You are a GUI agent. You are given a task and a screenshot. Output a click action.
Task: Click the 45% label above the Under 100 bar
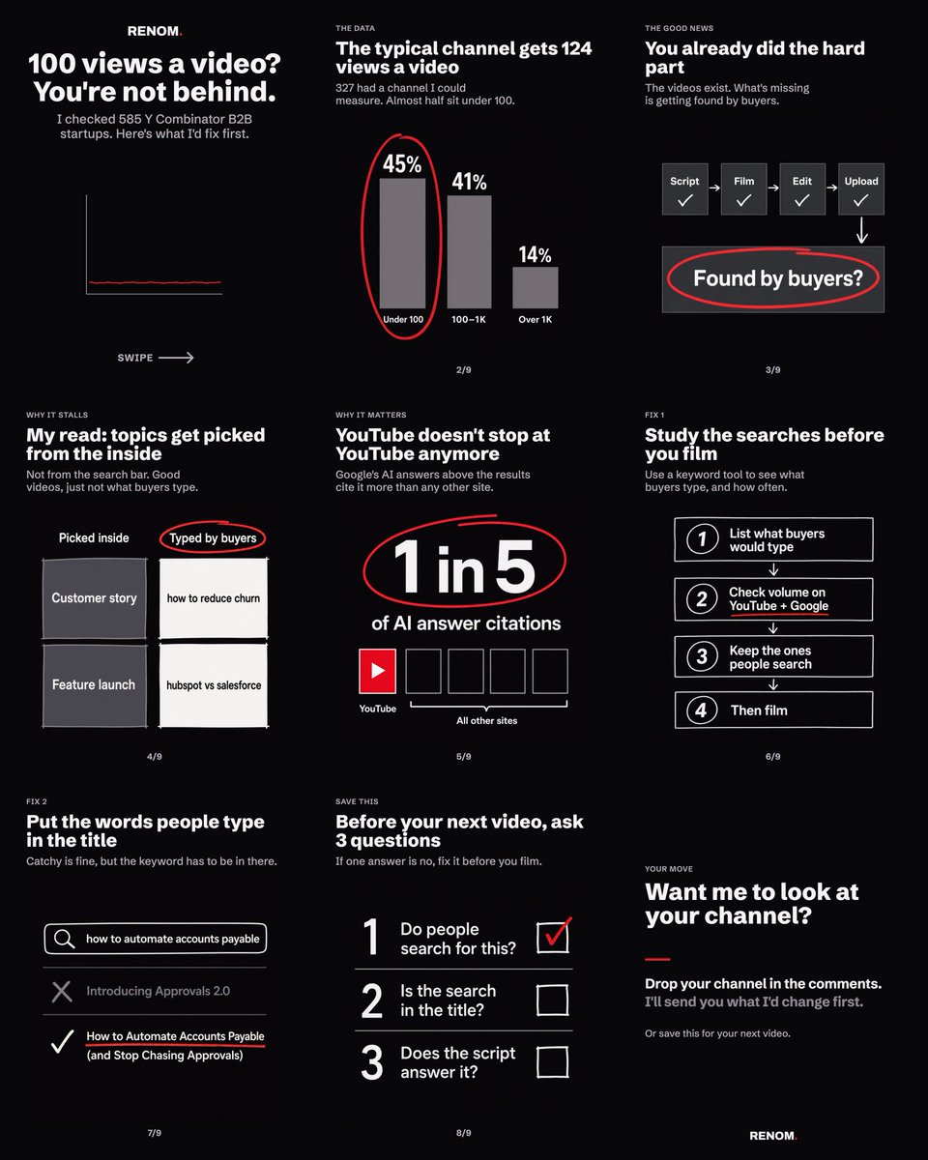tap(402, 164)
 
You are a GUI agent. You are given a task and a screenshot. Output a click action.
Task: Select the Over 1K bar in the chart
tap(535, 288)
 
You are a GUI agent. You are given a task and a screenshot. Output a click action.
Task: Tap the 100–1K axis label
tap(469, 320)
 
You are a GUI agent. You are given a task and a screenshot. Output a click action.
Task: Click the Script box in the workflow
tap(684, 189)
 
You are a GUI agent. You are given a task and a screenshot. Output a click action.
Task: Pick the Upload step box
tap(861, 189)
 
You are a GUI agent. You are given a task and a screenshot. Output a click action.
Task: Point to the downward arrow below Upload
tap(861, 230)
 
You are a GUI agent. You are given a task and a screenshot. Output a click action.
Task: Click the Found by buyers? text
tap(778, 278)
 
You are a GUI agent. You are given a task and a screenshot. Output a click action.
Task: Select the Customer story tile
tap(95, 598)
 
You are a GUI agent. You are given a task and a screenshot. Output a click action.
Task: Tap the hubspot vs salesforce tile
tap(214, 685)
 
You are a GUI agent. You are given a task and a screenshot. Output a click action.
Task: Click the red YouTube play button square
tap(377, 671)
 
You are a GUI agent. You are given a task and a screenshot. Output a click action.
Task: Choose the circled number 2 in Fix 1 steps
tap(702, 599)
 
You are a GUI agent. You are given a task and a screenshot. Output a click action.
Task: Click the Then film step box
tap(773, 710)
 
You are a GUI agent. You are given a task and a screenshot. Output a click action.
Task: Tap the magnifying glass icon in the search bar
tap(64, 939)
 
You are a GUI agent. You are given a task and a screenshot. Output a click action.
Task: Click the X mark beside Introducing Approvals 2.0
tap(62, 991)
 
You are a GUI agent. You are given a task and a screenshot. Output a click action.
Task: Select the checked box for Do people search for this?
tap(553, 938)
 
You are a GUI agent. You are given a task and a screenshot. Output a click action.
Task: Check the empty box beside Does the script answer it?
tap(553, 1062)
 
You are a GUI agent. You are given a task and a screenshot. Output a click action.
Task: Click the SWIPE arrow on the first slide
tap(176, 358)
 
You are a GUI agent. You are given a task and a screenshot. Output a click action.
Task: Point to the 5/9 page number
tap(464, 756)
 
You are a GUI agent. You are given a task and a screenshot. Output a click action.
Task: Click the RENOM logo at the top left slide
tap(155, 31)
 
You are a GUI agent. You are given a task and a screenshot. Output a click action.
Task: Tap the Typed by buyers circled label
tap(213, 538)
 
